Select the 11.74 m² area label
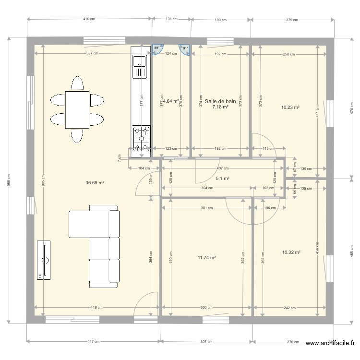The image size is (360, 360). pyautogui.click(x=206, y=258)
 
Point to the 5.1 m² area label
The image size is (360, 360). pyautogui.click(x=222, y=179)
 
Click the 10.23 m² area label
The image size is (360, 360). pyautogui.click(x=290, y=108)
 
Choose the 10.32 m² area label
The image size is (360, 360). pyautogui.click(x=291, y=252)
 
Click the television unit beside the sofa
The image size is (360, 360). pyautogui.click(x=44, y=260)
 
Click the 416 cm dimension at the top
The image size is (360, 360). pyautogui.click(x=89, y=19)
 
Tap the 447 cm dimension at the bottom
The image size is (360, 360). pyautogui.click(x=93, y=342)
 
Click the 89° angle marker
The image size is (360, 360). pyautogui.click(x=156, y=48)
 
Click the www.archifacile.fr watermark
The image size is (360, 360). pyautogui.click(x=331, y=344)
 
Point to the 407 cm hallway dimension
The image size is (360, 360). pyautogui.click(x=222, y=168)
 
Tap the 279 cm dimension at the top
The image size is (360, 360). pyautogui.click(x=292, y=20)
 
